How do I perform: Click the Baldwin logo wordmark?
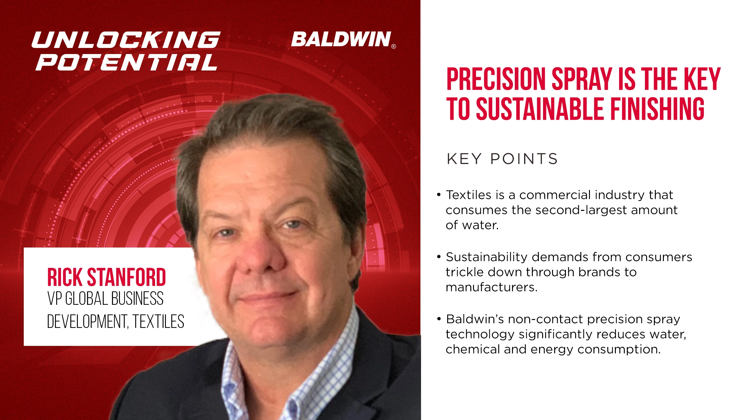point(341,39)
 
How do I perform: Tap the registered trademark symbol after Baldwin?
point(394,46)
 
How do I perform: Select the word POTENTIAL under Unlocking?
point(127,62)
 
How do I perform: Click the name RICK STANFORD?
point(106,277)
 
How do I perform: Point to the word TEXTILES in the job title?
point(158,322)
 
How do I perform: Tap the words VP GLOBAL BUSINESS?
point(105,299)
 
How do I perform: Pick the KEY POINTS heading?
point(502,159)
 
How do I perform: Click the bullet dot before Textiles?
point(439,195)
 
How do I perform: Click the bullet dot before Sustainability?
point(439,257)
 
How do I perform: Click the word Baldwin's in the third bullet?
point(475,319)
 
